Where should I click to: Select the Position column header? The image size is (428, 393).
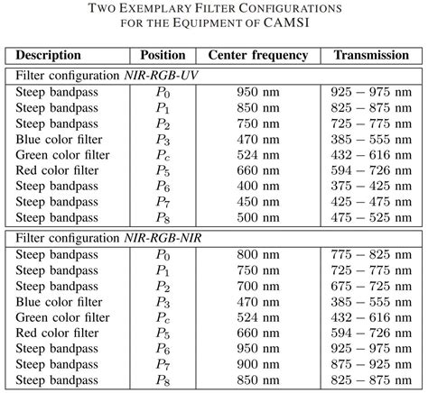pyautogui.click(x=164, y=55)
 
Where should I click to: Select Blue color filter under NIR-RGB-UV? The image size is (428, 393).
pyautogui.click(x=59, y=139)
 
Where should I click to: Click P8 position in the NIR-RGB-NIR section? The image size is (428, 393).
pyautogui.click(x=164, y=379)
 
